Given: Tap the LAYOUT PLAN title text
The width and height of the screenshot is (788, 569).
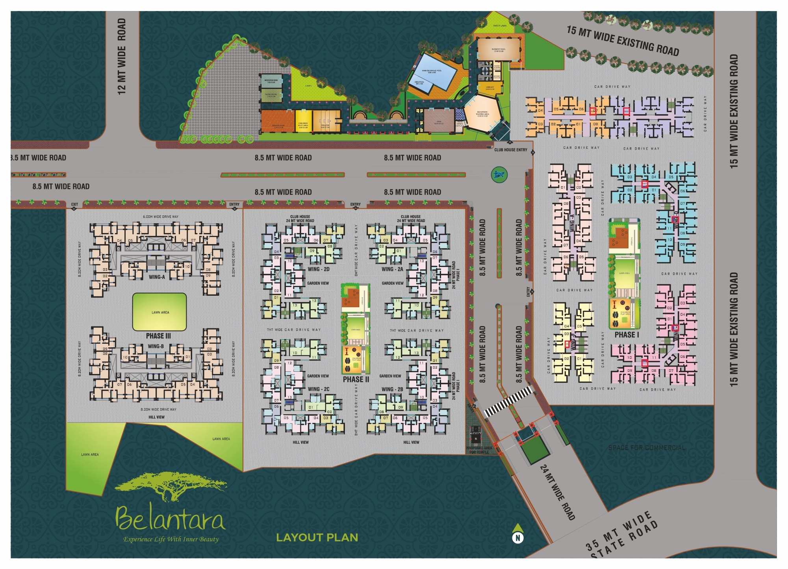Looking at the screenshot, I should point(317,537).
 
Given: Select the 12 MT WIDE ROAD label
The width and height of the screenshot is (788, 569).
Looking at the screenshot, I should point(122,56).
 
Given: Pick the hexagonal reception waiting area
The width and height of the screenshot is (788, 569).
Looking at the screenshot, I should point(482,114).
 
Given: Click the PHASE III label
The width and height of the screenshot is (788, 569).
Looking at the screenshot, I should point(158,336).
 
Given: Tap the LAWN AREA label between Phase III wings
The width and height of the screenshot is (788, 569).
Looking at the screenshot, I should point(160,312).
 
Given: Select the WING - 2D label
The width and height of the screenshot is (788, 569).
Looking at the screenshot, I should point(319,269).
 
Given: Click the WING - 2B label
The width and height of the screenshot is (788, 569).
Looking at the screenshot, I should point(392,389).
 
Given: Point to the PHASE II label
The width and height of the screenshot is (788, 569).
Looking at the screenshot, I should point(356,380).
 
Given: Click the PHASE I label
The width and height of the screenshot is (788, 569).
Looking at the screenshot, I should point(627,335).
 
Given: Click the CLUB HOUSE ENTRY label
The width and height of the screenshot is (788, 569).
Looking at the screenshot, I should point(510,150).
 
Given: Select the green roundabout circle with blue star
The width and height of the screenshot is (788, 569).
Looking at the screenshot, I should point(499,174).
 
